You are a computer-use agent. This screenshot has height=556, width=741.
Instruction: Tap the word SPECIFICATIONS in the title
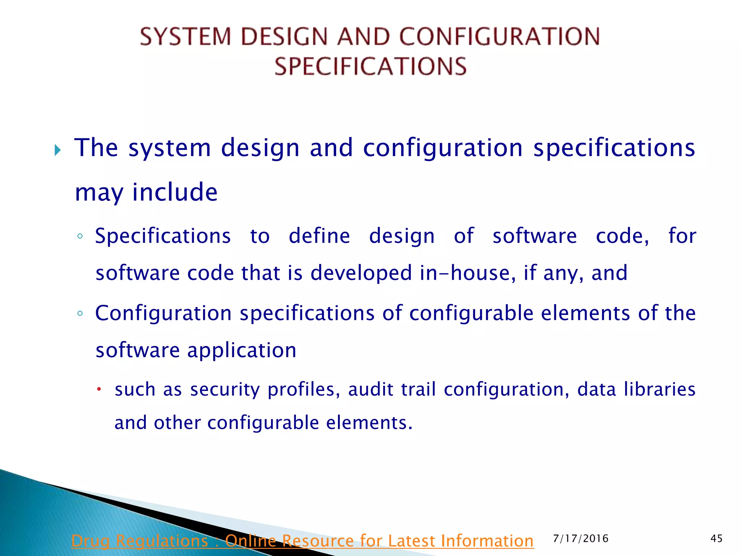(370, 67)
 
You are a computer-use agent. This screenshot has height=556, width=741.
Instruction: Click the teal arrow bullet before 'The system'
(58, 149)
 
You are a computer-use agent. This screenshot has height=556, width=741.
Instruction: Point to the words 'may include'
(146, 192)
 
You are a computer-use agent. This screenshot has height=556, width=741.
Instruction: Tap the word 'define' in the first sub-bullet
(319, 236)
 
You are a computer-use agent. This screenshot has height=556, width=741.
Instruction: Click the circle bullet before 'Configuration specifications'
(80, 314)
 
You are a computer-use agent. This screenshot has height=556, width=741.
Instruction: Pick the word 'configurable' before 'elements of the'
(471, 313)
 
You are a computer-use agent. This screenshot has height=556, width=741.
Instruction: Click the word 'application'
(242, 350)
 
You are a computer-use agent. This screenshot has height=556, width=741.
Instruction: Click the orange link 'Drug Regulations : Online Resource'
(302, 541)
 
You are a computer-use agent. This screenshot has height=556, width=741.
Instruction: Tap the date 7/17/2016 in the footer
(581, 539)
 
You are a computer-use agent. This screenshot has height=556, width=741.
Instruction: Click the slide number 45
(716, 539)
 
